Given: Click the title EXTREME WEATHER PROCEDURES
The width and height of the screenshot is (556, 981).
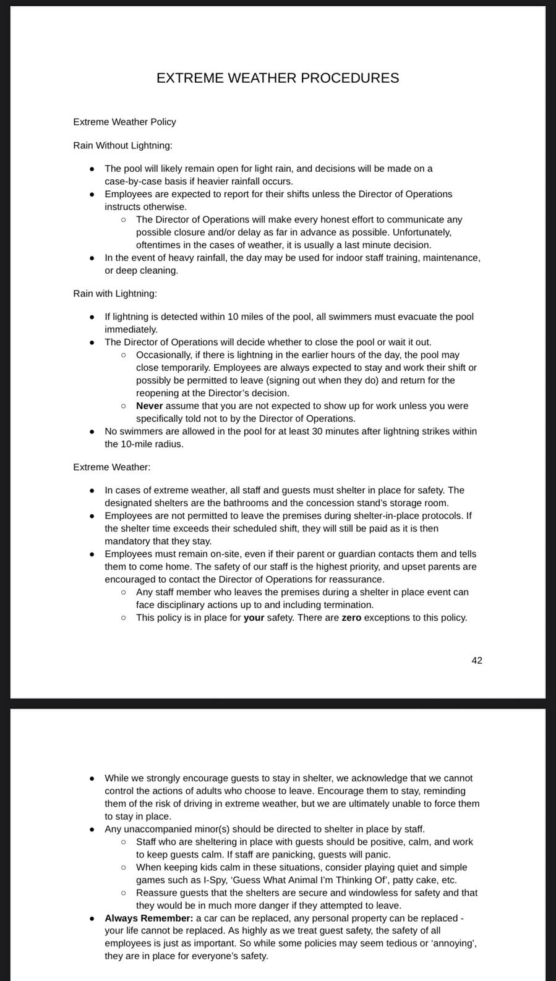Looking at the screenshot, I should click(278, 78).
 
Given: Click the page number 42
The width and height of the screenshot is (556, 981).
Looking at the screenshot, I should click(477, 660).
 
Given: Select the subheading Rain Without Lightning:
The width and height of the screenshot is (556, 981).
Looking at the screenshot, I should click(122, 145).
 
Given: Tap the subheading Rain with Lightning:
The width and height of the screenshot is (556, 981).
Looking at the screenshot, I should click(115, 293).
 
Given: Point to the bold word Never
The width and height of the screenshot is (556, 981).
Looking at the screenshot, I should click(149, 406).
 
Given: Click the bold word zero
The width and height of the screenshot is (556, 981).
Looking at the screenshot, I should click(351, 617).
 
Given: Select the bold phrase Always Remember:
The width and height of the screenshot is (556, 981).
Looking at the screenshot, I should click(148, 918).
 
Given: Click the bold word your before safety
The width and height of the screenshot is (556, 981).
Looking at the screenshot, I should click(254, 617).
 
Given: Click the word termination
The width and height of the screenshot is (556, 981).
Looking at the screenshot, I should click(350, 605).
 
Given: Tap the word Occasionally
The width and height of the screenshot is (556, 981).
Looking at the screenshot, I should click(164, 354).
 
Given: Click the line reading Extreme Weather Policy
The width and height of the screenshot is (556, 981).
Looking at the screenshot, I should click(124, 122).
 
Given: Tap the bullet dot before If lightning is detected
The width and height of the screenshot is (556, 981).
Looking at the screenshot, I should click(92, 317).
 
